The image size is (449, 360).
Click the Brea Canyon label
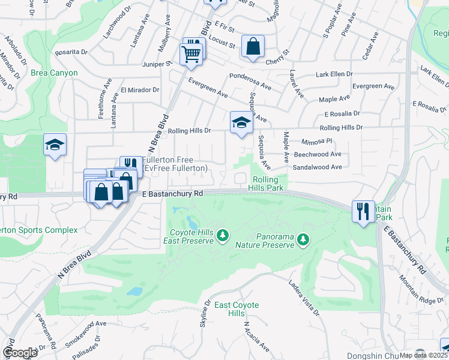[55, 73]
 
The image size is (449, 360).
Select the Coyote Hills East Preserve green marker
[223, 234]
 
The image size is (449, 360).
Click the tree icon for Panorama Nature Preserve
[303, 239]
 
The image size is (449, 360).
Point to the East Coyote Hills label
[237, 310]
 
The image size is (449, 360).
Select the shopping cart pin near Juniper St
[191, 53]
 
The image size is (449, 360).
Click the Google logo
[20, 353]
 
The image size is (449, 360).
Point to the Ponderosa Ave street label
[251, 79]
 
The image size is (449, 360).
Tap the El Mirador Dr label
[139, 90]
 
